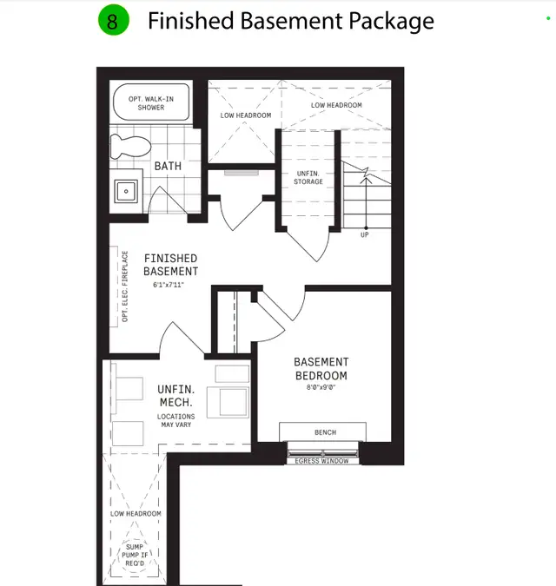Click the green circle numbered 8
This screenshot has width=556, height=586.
tap(112, 21)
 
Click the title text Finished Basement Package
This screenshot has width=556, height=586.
tap(290, 21)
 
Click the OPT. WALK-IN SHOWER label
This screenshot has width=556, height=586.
tap(151, 103)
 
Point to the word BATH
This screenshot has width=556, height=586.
tap(168, 166)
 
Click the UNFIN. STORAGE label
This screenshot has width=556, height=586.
tap(309, 178)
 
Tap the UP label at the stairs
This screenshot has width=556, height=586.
tap(364, 235)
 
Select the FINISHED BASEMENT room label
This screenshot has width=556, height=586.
tap(171, 265)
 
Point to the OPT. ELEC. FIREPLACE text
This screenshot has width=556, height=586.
tap(125, 286)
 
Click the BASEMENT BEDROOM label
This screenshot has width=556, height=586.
tap(321, 369)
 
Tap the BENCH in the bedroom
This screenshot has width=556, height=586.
tap(324, 432)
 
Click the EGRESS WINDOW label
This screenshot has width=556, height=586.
tap(322, 461)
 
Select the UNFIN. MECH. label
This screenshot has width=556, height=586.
tap(175, 398)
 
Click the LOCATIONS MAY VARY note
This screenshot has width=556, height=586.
tap(175, 421)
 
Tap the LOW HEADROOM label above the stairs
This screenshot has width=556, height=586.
tap(337, 105)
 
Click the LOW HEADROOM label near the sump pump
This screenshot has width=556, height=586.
tap(136, 514)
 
